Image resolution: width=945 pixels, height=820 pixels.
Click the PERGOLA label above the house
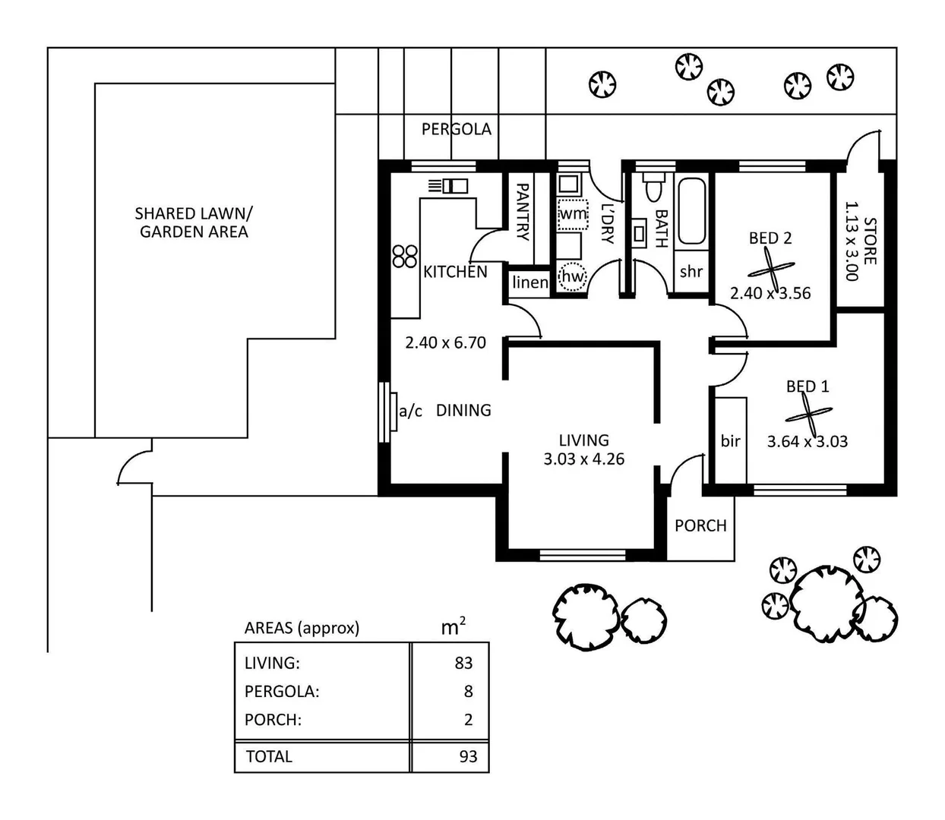(x=456, y=129)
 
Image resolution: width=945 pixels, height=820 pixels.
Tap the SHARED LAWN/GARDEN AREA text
(x=194, y=222)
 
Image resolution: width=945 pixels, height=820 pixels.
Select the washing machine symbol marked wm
(x=573, y=214)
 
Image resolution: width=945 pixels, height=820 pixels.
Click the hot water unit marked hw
(x=573, y=276)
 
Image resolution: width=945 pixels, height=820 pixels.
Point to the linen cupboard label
(x=529, y=282)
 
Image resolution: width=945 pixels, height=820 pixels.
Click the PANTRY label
(x=523, y=212)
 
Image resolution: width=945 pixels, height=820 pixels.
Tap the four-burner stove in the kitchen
(x=405, y=256)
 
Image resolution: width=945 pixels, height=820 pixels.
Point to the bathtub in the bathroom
(x=691, y=210)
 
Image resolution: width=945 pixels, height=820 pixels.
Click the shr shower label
(x=691, y=272)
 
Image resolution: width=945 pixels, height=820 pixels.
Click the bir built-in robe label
(x=730, y=441)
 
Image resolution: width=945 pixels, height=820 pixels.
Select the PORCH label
(x=700, y=525)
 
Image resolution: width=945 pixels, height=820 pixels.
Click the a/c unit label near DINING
(x=410, y=411)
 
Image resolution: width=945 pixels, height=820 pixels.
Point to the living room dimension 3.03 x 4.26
(x=583, y=459)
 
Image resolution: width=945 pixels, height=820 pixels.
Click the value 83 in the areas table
(x=463, y=663)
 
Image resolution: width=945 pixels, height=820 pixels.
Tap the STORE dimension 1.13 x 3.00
(x=852, y=241)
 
